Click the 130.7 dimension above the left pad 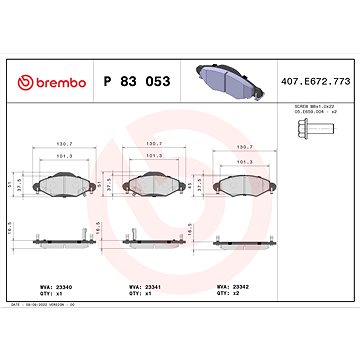coord(65,143)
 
